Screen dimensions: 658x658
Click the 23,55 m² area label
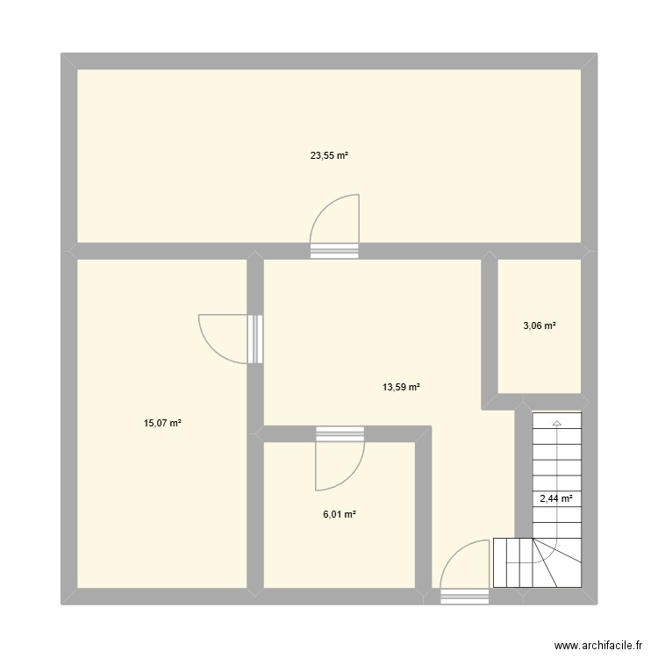pos(329,156)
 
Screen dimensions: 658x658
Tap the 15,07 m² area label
pos(163,423)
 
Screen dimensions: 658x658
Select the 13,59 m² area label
pos(401,386)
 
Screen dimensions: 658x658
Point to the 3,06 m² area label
pos(540,325)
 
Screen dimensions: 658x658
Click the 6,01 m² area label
pos(339,514)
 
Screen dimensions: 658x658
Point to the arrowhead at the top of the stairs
pos(556,424)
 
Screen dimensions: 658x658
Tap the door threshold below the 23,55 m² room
pos(335,250)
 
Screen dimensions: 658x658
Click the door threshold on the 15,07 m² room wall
pos(255,339)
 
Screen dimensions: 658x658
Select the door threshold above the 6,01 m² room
pos(340,433)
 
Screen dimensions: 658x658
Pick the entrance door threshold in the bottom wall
pos(464,597)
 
